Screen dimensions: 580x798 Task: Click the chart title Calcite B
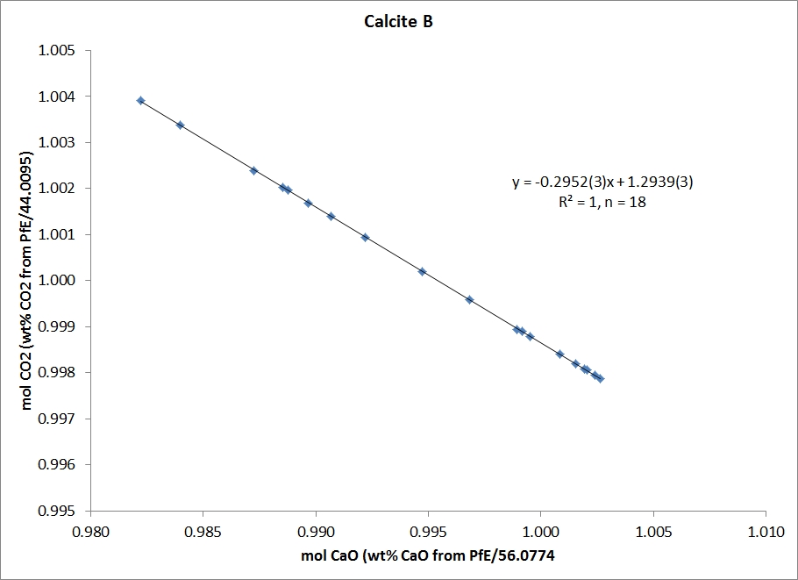point(399,22)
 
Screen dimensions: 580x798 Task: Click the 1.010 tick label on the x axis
point(766,531)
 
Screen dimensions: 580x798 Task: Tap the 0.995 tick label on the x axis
point(428,531)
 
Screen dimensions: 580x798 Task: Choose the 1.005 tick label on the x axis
point(653,531)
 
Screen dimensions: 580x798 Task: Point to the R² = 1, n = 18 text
point(596,202)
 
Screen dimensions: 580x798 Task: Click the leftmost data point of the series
point(140,101)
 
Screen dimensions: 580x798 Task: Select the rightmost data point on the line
point(600,379)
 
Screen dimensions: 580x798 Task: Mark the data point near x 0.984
point(180,125)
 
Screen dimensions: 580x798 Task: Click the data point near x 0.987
point(253,170)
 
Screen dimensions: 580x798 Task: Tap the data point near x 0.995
point(422,272)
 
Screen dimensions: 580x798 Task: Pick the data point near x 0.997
point(469,300)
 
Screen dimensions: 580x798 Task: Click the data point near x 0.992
point(365,237)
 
